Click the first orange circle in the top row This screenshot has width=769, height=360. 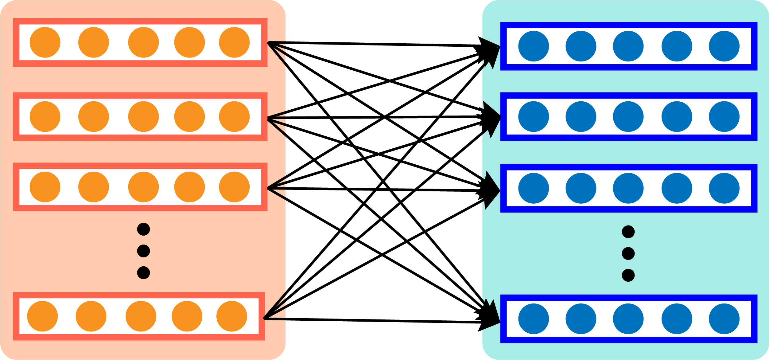coord(45,42)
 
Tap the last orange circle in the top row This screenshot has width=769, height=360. coord(234,42)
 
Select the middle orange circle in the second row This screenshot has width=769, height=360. coord(143,116)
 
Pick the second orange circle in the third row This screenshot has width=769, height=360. coord(94,187)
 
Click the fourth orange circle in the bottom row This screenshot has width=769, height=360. coord(187,316)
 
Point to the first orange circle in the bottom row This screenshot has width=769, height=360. coord(42,316)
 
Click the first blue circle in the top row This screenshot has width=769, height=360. coord(534,46)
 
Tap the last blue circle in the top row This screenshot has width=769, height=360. coord(724,46)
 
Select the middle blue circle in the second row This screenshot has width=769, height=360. coord(628,116)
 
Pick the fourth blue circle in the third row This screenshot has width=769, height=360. coord(677,188)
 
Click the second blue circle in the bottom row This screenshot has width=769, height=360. coord(581,319)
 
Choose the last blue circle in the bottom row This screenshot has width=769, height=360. coord(724,319)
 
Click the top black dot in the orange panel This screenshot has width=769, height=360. coord(143,229)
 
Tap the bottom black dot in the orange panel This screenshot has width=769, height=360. coord(143,273)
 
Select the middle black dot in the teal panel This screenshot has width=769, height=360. coord(628,254)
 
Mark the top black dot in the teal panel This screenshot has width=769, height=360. coord(628,232)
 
